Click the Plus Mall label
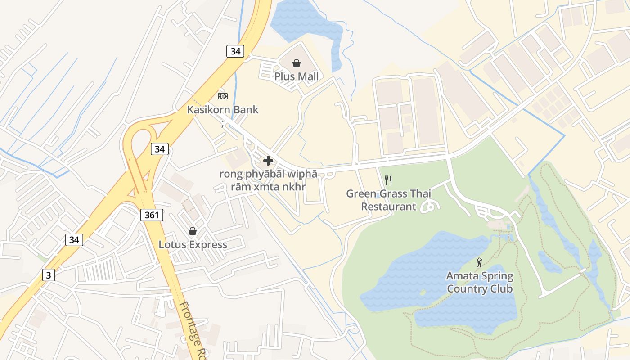tap(297, 76)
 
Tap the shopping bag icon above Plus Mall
tap(297, 63)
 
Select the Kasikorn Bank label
tap(223, 109)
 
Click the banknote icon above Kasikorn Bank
tap(223, 96)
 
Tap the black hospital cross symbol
tap(268, 161)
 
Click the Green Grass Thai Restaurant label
tap(388, 200)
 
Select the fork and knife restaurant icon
tap(388, 180)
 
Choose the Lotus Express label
tap(193, 245)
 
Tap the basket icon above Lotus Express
tap(193, 231)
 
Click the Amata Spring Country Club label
tap(480, 282)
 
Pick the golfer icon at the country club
tap(479, 262)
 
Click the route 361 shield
tap(152, 215)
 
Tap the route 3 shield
tap(48, 275)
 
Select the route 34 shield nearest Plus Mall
tap(235, 51)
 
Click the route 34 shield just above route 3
tap(74, 240)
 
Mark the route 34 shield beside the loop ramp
tap(159, 149)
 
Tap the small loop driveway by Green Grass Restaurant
tap(428, 207)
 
